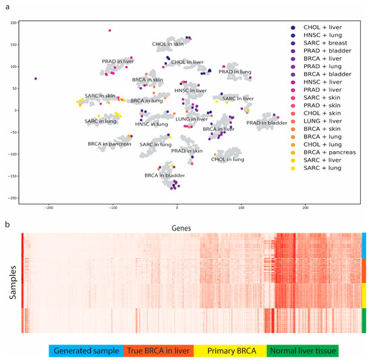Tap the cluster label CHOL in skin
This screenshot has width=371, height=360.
[x=167, y=44]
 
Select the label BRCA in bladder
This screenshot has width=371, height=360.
[x=164, y=175]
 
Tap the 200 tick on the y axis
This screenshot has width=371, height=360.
[x=13, y=23]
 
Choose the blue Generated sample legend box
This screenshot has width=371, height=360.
[x=84, y=351]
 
